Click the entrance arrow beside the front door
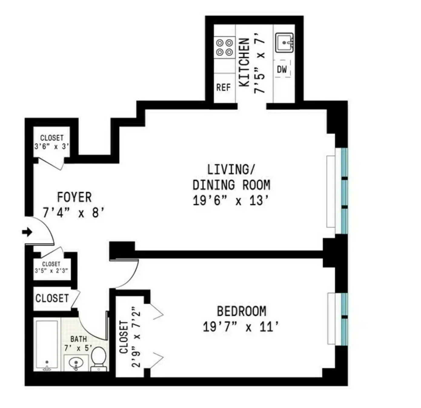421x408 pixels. pyautogui.click(x=27, y=232)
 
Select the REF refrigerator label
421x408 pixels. pyautogui.click(x=223, y=87)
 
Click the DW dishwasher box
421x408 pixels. pyautogui.click(x=282, y=69)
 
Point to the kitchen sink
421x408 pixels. pyautogui.click(x=284, y=43)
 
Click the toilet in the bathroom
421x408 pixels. pyautogui.click(x=99, y=359)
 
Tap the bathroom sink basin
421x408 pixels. pyautogui.click(x=76, y=362)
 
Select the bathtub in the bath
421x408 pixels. pyautogui.click(x=47, y=345)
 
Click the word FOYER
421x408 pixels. pyautogui.click(x=74, y=197)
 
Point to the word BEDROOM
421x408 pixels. pyautogui.click(x=241, y=311)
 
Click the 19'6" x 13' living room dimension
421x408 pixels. pyautogui.click(x=231, y=200)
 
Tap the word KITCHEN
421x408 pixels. pyautogui.click(x=244, y=62)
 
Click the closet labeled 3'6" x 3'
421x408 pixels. pyautogui.click(x=52, y=142)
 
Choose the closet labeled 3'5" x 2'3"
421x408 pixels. pyautogui.click(x=51, y=267)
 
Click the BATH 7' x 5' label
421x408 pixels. pyautogui.click(x=78, y=344)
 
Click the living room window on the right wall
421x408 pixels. pyautogui.click(x=344, y=191)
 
